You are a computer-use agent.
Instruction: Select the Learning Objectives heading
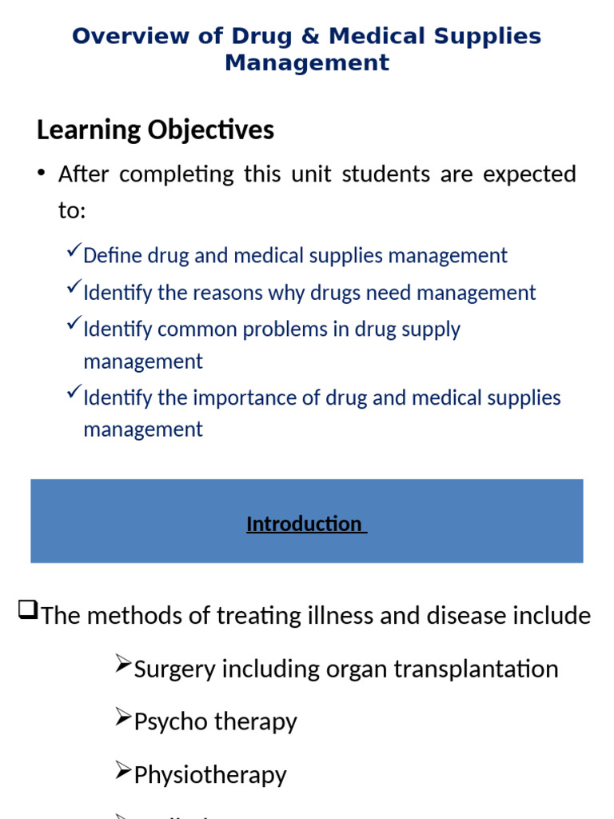(155, 130)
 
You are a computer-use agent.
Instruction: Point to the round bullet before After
(41, 174)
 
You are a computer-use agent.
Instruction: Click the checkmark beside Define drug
(73, 253)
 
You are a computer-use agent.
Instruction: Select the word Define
(110, 256)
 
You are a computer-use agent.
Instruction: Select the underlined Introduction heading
(305, 524)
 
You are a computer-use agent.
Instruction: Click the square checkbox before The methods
(27, 612)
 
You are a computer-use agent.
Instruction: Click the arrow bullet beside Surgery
(122, 664)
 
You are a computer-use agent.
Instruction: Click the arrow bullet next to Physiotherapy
(122, 770)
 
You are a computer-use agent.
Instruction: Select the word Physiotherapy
(210, 775)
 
